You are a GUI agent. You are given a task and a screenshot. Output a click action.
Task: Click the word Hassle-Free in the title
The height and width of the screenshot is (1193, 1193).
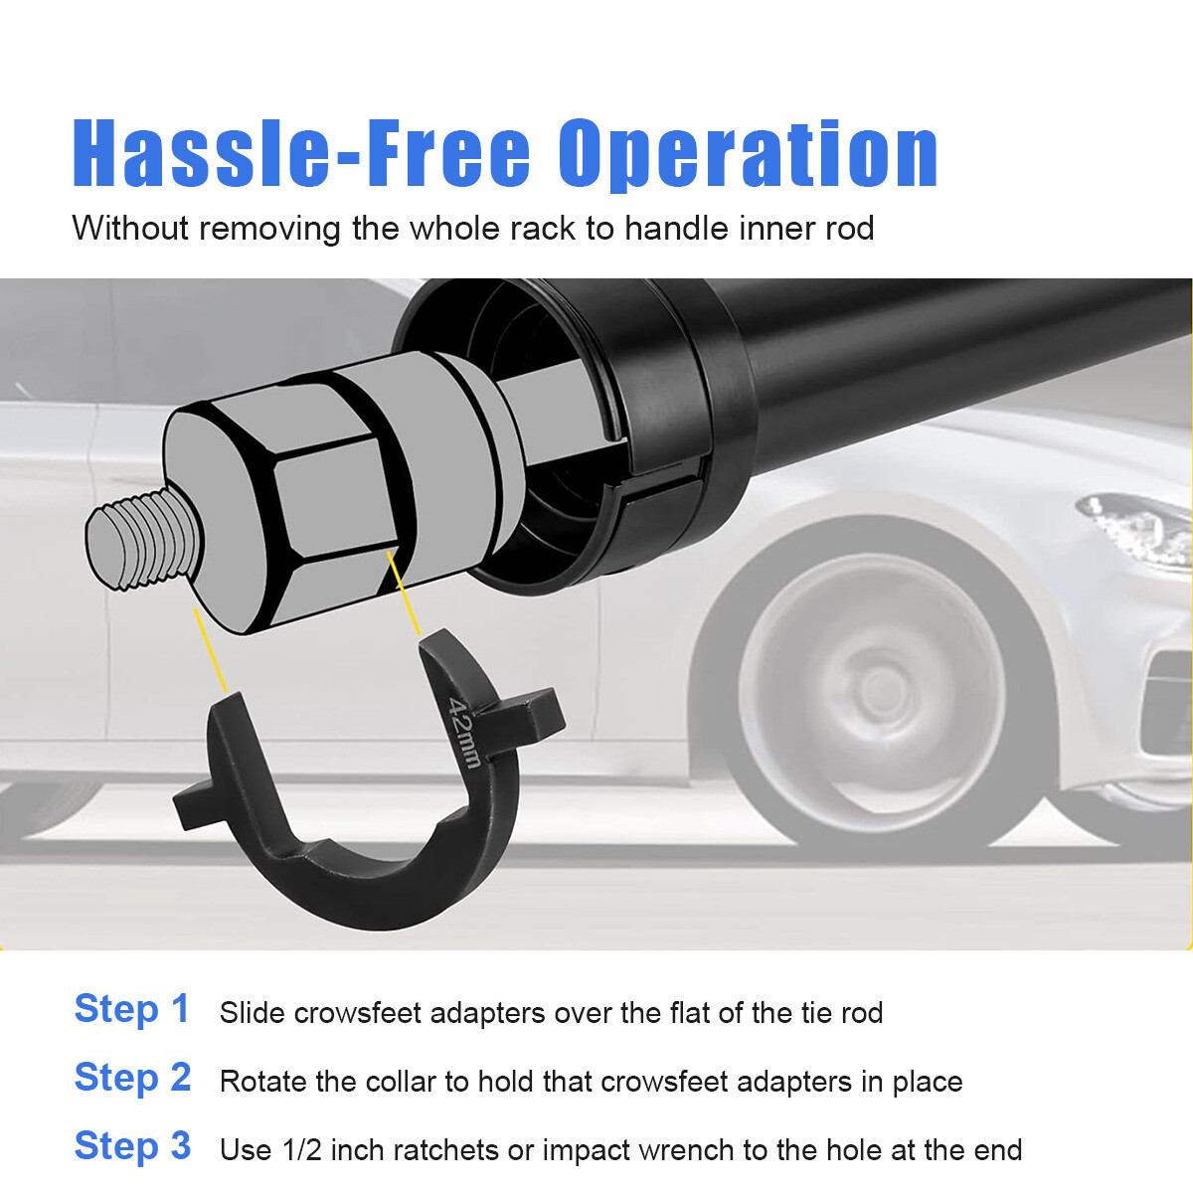click(301, 152)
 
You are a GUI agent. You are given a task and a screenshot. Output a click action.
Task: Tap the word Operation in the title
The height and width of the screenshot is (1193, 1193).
click(749, 154)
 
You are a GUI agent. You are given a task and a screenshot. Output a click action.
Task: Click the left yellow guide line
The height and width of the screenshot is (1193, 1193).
click(211, 650)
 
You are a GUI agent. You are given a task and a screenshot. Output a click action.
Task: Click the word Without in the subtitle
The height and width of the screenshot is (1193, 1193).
click(129, 228)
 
